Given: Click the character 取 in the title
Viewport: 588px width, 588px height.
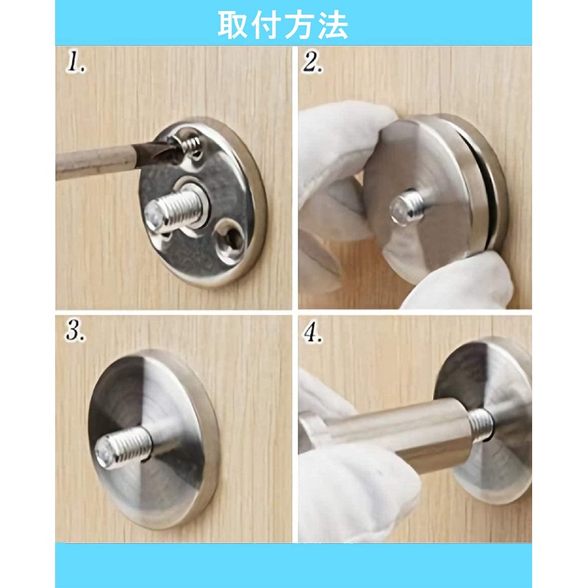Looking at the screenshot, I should coord(234,25).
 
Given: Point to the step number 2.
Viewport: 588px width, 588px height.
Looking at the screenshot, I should coord(314,62).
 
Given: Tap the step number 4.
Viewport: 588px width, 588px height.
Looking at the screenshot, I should coord(314,332).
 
